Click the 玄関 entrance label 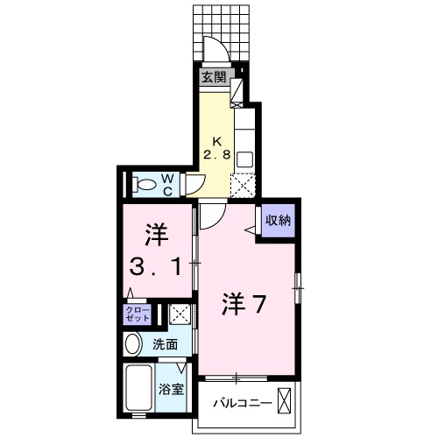pyautogui.click(x=214, y=77)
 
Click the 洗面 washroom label pyautogui.click(x=166, y=344)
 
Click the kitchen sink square pyautogui.click(x=244, y=159)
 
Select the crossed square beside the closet pyautogui.click(x=179, y=314)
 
